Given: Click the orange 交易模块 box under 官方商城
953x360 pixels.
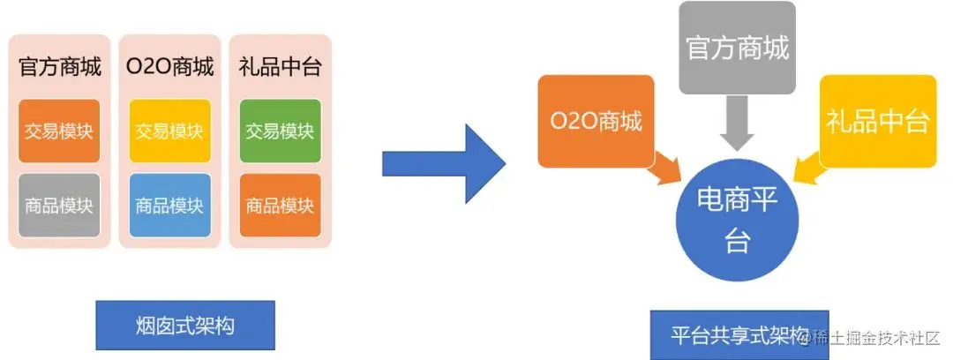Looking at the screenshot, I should (x=59, y=131).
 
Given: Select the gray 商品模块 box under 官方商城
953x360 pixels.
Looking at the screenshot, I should (x=59, y=206).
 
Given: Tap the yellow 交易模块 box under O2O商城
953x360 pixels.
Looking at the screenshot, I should (x=169, y=131).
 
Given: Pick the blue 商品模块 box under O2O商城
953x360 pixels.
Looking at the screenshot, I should (x=169, y=206).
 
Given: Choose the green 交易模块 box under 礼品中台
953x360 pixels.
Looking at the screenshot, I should (x=280, y=131).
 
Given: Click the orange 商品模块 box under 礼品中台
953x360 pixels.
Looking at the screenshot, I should (x=280, y=206).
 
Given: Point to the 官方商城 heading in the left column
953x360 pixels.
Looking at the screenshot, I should (x=59, y=67).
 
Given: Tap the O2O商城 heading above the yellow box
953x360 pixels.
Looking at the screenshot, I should (x=169, y=67).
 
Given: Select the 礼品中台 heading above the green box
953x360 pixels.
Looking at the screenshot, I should (x=280, y=67).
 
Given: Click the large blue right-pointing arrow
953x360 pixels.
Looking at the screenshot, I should (x=441, y=164).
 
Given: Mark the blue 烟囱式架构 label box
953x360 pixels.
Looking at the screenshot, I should (x=185, y=326).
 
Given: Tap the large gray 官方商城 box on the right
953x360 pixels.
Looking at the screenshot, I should (x=738, y=48).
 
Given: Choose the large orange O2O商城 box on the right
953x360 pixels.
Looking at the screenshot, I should (x=596, y=121).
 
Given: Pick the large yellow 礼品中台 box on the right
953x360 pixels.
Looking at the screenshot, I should (x=877, y=121).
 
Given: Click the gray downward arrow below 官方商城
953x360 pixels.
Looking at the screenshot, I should (x=738, y=122).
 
